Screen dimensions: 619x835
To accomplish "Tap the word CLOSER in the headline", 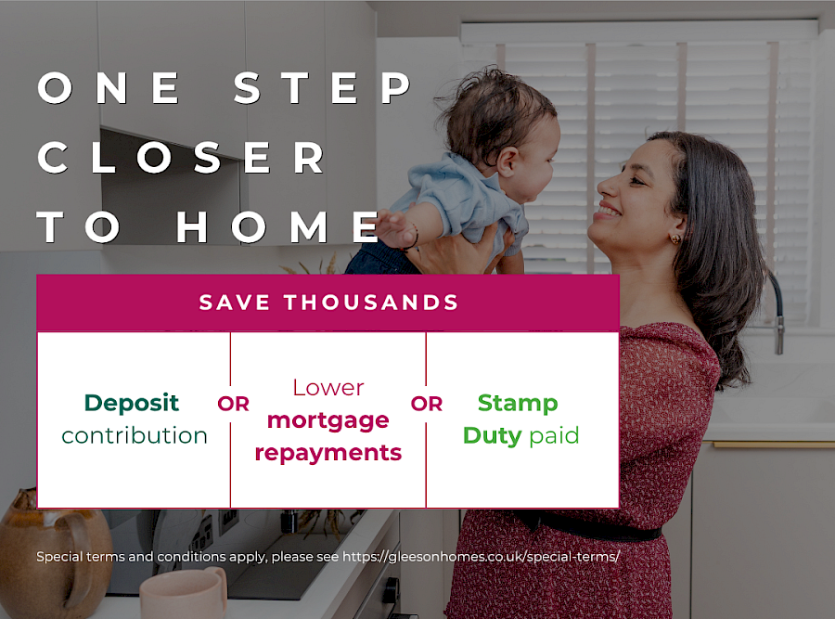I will (x=182, y=158).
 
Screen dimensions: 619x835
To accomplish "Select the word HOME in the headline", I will (x=278, y=227).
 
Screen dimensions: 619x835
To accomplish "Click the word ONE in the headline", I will (x=111, y=88).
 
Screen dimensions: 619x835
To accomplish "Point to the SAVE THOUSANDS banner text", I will (x=328, y=303).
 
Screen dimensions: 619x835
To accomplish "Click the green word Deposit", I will (x=132, y=403).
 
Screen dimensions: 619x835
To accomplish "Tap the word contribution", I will (x=135, y=435).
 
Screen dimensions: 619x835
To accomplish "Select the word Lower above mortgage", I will (x=328, y=388).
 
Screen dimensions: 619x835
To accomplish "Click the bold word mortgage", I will (x=328, y=420).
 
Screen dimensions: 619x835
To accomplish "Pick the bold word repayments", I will (x=328, y=453).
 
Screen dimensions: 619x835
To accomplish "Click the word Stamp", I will (x=518, y=404).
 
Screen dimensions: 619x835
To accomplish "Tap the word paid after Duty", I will (x=554, y=435).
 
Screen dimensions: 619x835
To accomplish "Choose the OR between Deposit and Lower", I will (x=233, y=405).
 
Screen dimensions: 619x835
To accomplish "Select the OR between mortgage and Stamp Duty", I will (x=427, y=405).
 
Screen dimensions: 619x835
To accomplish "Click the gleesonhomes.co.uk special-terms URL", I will (x=481, y=557).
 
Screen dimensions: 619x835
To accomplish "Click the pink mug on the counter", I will (x=182, y=594).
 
